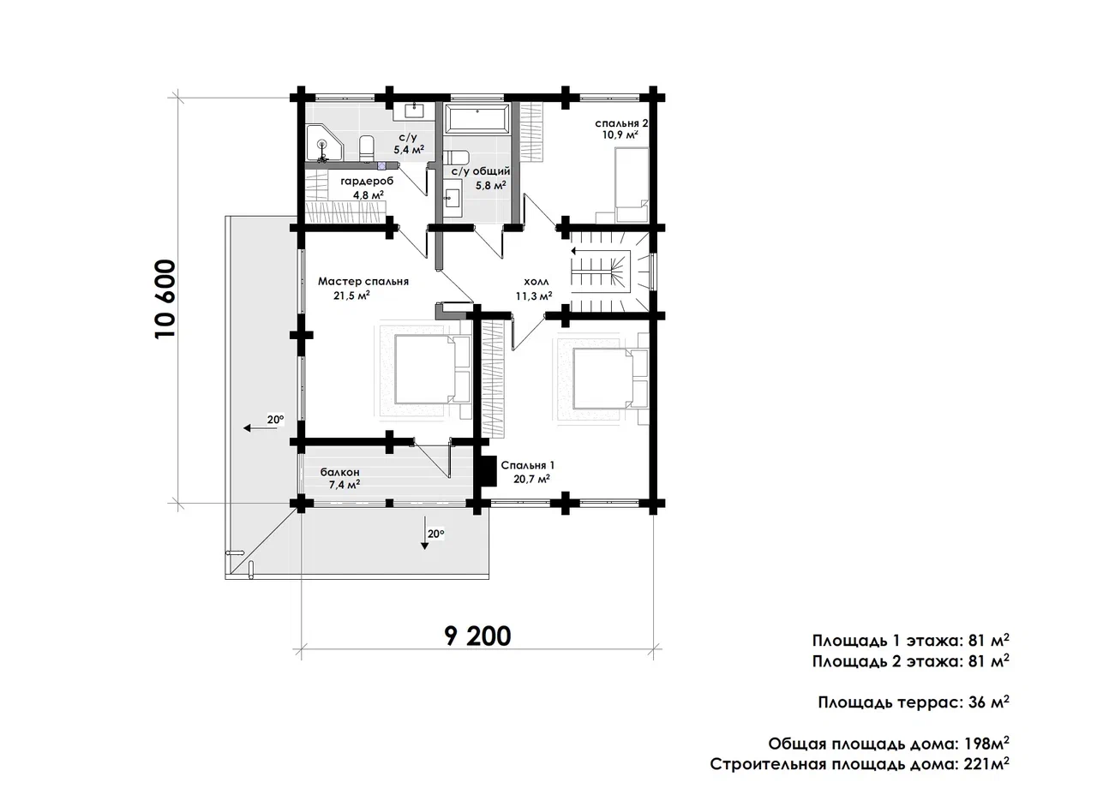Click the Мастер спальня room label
click(363, 282)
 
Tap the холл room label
click(537, 282)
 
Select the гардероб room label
click(367, 181)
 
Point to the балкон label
click(340, 473)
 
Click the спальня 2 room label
click(621, 122)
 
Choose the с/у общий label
click(481, 171)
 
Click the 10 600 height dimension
click(165, 299)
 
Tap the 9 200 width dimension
click(477, 636)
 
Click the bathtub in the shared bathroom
click(477, 118)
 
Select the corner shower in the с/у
click(324, 143)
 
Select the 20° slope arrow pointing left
click(260, 428)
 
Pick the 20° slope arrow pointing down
click(424, 532)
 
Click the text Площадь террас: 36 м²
click(914, 701)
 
